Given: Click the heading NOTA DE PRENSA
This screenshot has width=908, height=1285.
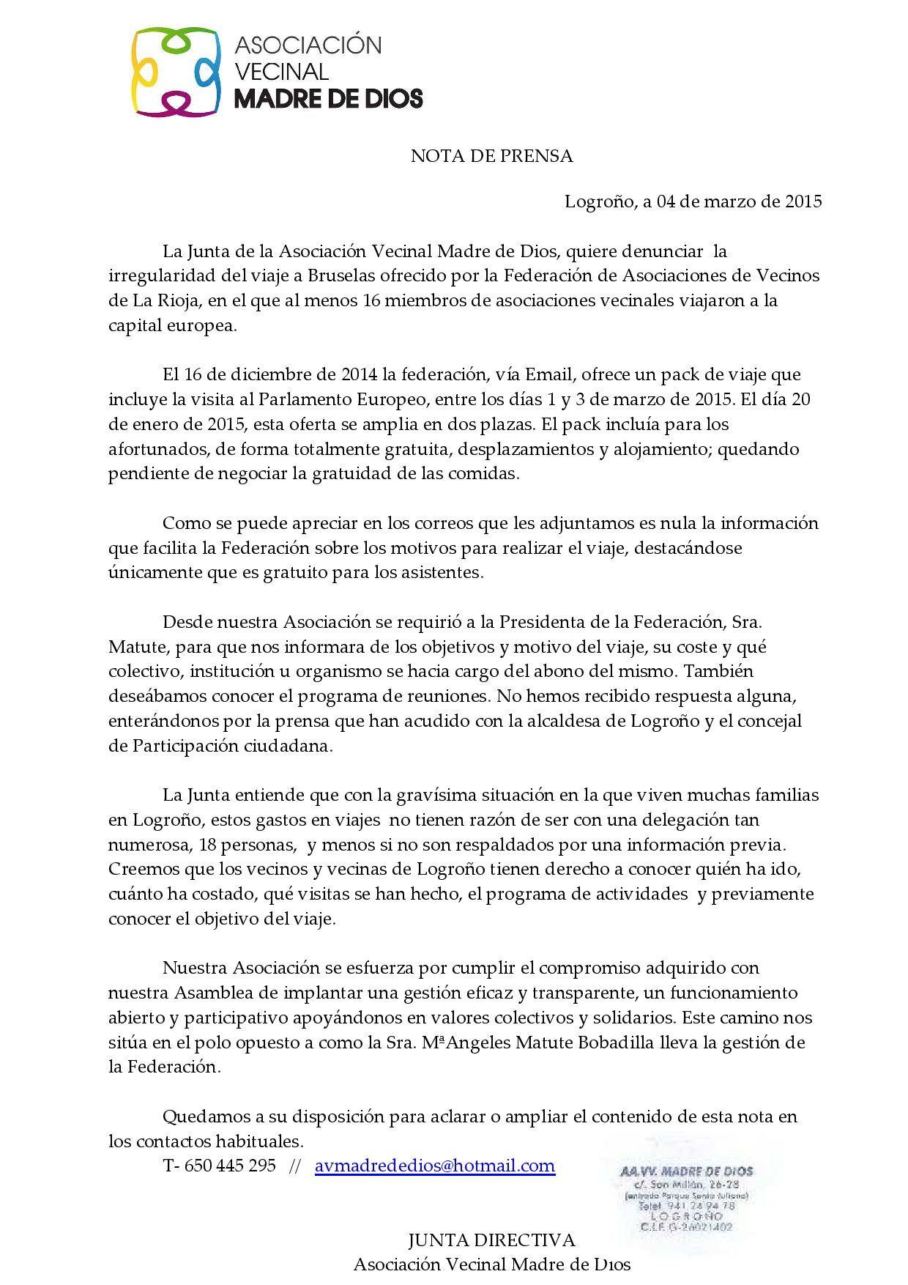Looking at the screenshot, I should coord(491,156).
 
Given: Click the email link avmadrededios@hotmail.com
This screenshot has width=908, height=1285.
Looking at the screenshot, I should coord(435,1165).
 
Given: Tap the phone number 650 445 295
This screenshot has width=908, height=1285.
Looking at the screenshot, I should coord(231,1165).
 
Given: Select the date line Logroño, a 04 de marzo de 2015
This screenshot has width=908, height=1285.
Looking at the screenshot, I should coord(693,201).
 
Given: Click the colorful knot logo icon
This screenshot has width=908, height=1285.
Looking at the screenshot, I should coord(176,71).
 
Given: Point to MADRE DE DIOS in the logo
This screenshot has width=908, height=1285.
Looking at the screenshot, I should coord(328,98).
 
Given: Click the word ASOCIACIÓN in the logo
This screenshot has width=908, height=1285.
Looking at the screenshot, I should coord(308,45).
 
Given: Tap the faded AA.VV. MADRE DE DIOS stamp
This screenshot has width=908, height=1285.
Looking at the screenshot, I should coord(686,1198).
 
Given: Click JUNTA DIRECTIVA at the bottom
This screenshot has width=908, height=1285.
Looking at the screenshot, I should coord(491,1240).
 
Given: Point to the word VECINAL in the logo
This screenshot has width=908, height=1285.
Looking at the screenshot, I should coord(281,71).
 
